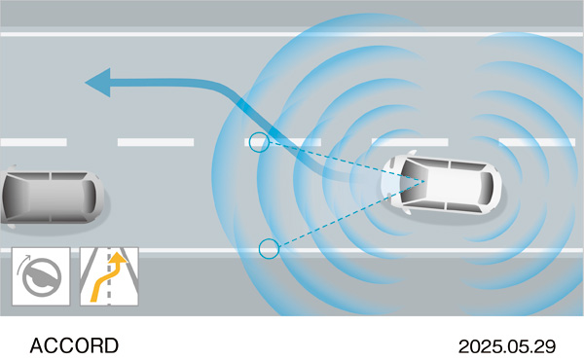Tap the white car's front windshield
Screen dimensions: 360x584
pos(407,182)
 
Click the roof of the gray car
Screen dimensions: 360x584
pos(44,198)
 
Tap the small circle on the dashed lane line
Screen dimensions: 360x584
pos(257,143)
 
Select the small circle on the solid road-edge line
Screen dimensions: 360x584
pos(270,248)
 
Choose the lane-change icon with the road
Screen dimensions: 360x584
pos(108,276)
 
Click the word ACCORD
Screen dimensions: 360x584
pos(74,345)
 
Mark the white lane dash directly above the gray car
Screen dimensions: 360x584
pos(33,142)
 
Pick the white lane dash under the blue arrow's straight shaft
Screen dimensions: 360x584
pos(156,142)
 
